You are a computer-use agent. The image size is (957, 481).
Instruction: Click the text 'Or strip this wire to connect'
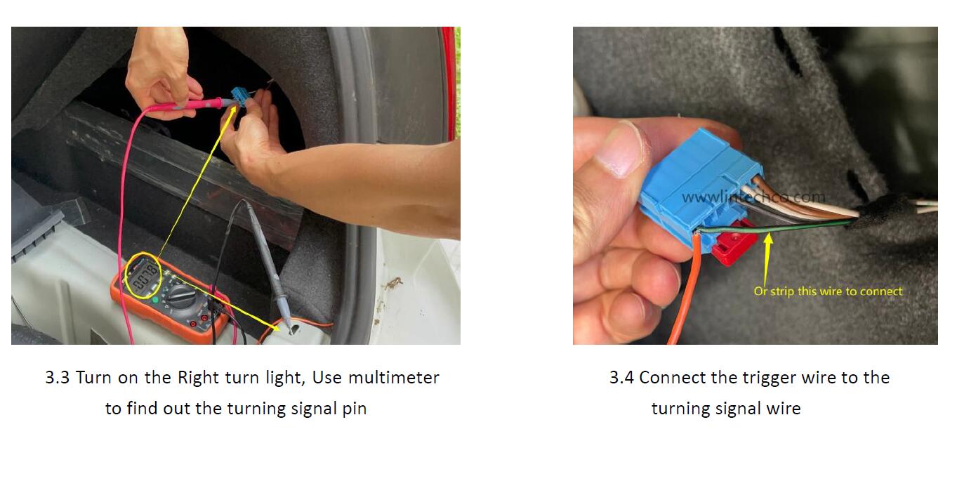(828, 291)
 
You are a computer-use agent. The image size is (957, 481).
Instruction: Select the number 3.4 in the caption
(621, 378)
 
